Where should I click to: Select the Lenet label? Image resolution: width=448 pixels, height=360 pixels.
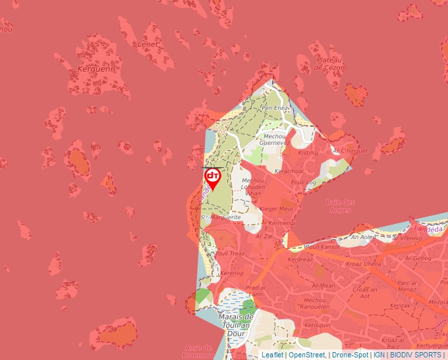(x=148, y=44)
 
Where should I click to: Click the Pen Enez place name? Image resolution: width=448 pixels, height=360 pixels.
(x=275, y=107)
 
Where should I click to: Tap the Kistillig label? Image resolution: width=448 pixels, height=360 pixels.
(x=308, y=152)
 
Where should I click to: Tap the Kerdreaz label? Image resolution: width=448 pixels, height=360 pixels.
(x=300, y=259)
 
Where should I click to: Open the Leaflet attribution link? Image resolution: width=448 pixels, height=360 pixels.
(x=273, y=355)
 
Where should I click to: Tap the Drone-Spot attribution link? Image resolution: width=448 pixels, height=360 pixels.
(x=350, y=355)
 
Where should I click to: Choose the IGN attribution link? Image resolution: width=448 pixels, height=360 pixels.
(x=379, y=355)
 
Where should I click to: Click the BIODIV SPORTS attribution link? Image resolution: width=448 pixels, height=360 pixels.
(x=416, y=355)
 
